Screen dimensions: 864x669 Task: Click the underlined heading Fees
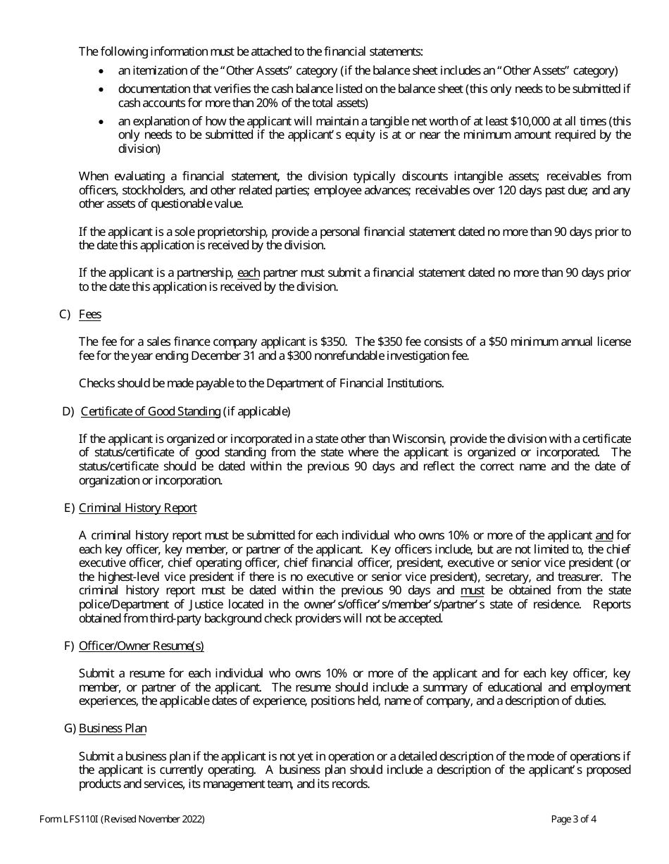click(89, 315)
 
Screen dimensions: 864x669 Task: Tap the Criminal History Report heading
click(137, 508)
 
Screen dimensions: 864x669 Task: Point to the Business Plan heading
click(113, 729)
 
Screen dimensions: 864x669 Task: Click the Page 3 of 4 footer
click(573, 819)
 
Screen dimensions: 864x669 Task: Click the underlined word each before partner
click(249, 273)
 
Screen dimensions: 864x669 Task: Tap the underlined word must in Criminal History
click(472, 590)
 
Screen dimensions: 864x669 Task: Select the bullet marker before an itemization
click(103, 71)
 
